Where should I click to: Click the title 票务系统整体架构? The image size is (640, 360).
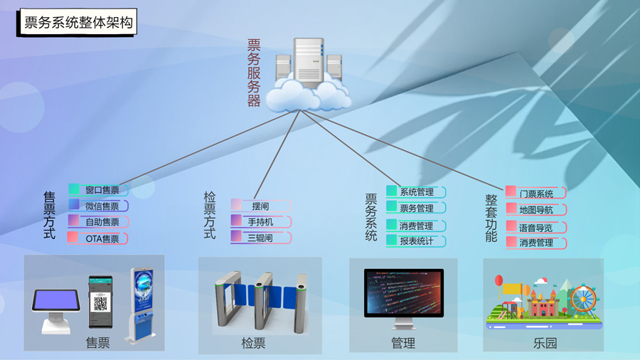[78, 23]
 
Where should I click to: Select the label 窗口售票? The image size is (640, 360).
[102, 190]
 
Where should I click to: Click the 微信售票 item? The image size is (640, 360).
[102, 206]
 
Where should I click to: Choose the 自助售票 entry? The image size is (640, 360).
[102, 222]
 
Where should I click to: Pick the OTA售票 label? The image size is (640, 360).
[102, 239]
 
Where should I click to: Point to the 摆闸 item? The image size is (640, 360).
[260, 206]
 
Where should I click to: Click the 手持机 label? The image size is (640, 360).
[260, 222]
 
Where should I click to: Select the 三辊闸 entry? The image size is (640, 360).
[260, 238]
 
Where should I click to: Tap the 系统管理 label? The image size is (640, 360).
[417, 192]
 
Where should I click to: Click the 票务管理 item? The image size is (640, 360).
[417, 208]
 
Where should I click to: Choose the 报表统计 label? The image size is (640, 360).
[417, 241]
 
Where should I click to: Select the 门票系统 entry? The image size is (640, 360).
[536, 194]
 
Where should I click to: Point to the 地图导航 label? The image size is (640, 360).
[536, 210]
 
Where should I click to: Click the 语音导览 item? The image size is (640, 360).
[536, 228]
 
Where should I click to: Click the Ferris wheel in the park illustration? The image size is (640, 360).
[583, 299]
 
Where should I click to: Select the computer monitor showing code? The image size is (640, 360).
[403, 293]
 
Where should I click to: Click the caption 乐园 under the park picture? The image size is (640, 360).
[545, 343]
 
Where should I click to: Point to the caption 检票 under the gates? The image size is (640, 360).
[253, 343]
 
